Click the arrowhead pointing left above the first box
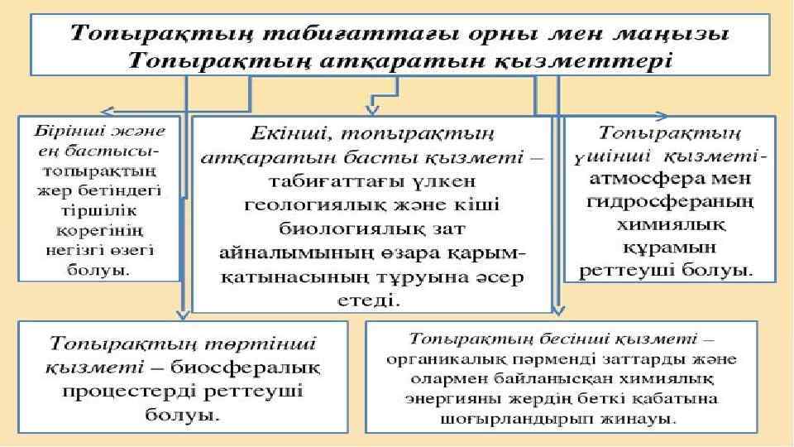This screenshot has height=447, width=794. [108, 109]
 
